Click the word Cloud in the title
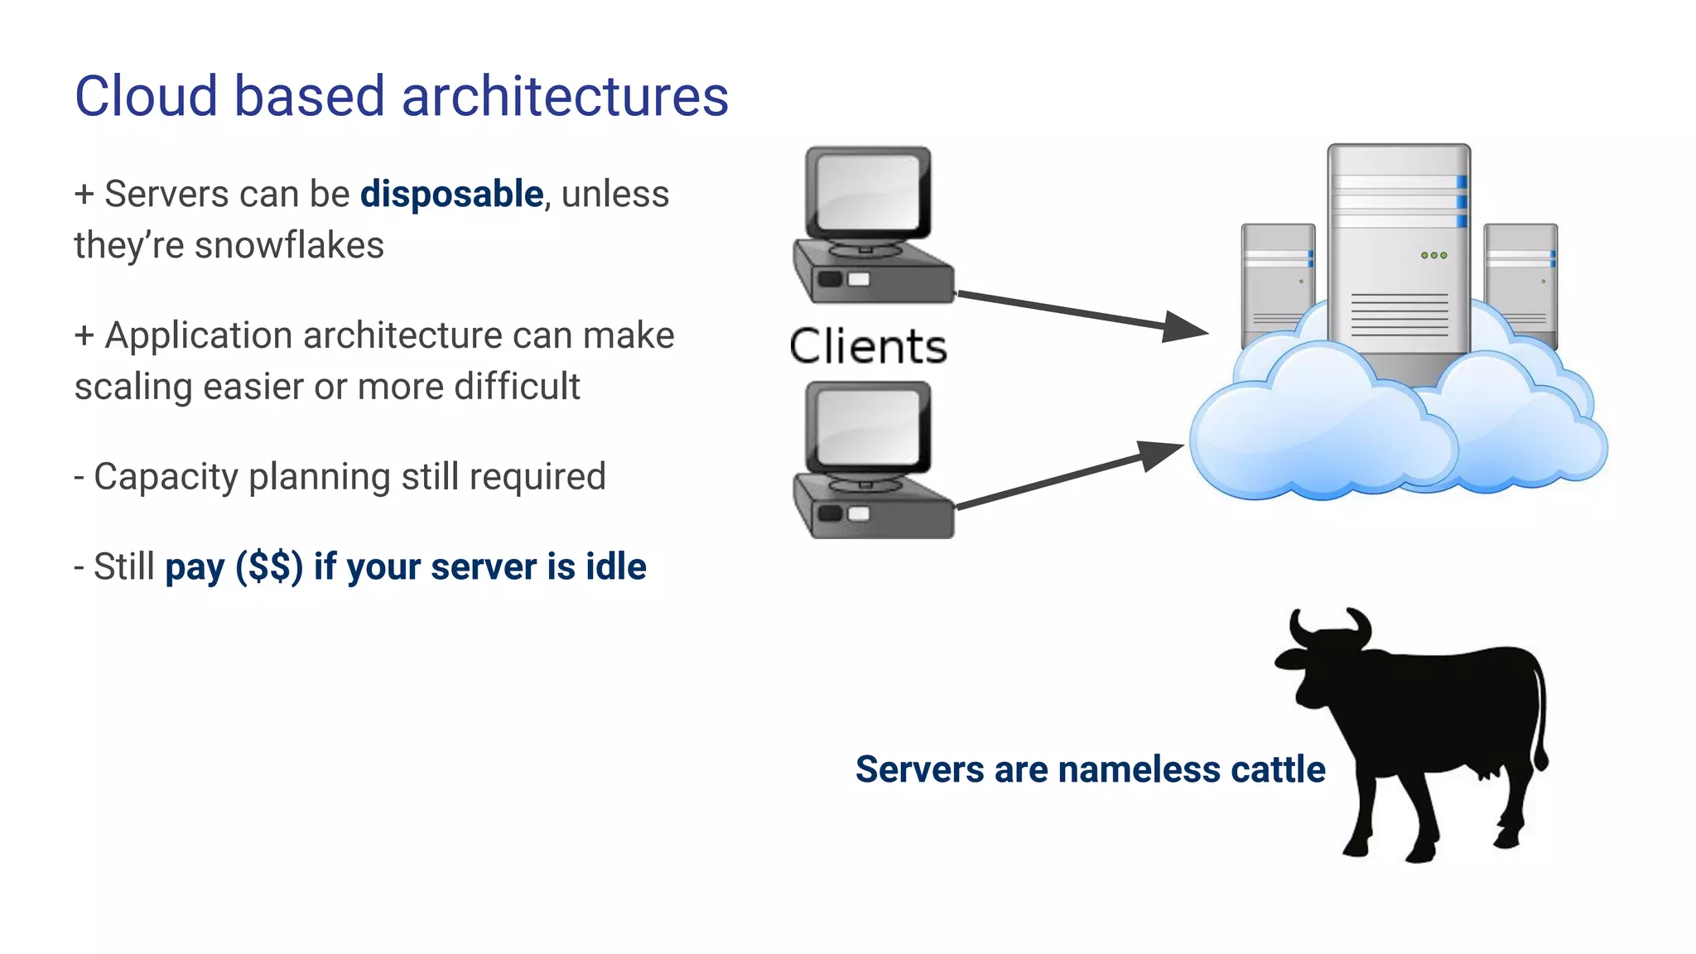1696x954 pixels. (146, 96)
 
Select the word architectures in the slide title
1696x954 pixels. (565, 96)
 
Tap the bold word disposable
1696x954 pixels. (451, 194)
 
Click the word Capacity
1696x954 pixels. (166, 477)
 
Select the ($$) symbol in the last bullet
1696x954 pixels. (269, 567)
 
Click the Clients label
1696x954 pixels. (867, 346)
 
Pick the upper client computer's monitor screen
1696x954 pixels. (867, 191)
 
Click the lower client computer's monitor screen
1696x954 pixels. (867, 426)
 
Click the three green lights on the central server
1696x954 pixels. (1433, 255)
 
